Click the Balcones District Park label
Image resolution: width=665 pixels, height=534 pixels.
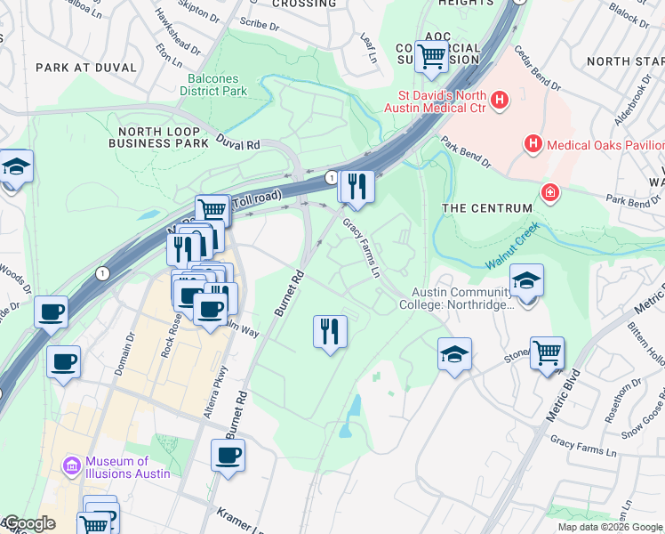[212, 85]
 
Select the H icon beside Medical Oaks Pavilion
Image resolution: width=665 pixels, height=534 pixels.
[533, 142]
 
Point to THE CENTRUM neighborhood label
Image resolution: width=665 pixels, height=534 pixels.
[487, 208]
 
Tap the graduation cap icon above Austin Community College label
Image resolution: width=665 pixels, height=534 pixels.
[526, 279]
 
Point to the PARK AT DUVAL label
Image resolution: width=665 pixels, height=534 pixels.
[86, 68]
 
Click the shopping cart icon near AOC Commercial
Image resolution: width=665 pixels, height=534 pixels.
[431, 56]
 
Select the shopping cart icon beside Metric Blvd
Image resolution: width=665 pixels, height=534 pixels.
[547, 352]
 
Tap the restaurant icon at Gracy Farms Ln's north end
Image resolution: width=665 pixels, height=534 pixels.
[356, 185]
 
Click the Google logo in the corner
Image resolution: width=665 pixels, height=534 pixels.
[28, 523]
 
